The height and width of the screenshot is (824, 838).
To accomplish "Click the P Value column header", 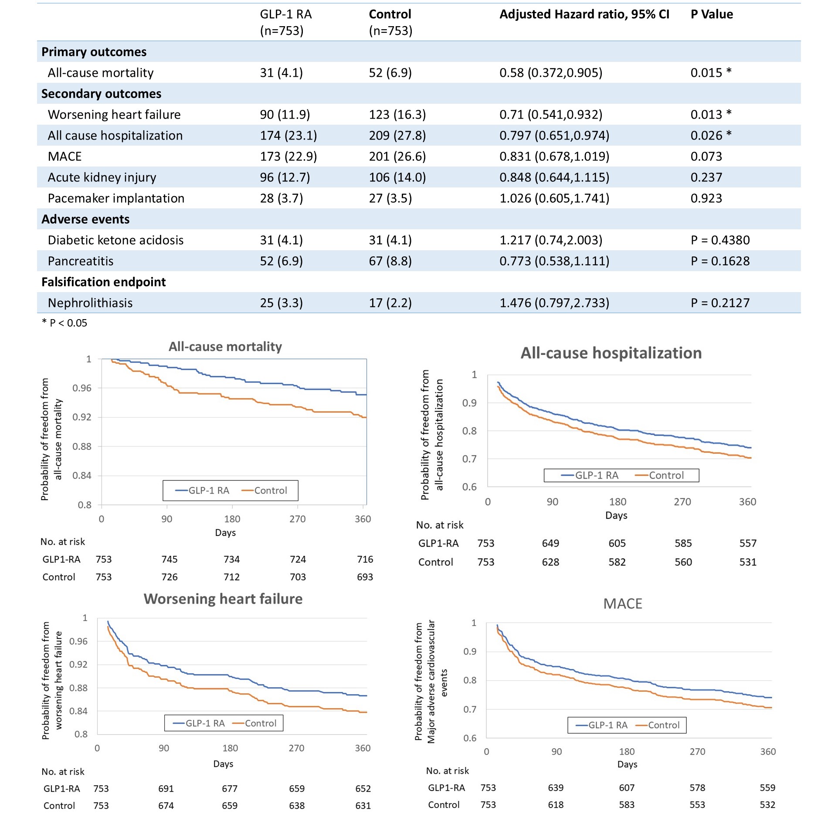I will click(712, 14).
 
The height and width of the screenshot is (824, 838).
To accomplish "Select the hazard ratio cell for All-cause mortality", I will click(550, 73).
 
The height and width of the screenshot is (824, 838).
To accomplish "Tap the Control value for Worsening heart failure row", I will click(397, 115).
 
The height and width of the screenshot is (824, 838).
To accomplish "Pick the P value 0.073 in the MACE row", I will click(706, 157).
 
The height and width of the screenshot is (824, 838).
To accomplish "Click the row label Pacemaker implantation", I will click(116, 198).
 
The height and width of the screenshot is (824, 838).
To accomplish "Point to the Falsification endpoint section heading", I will click(103, 282).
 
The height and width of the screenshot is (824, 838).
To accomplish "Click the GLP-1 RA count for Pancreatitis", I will click(281, 261).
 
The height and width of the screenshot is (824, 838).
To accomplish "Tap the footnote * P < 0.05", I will click(64, 323).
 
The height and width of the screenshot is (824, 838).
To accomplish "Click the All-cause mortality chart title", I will click(225, 347).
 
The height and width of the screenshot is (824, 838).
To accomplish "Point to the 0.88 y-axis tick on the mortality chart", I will click(82, 446).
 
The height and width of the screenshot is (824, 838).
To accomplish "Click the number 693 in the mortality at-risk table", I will click(365, 577).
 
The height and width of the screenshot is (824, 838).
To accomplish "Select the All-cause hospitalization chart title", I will click(611, 353).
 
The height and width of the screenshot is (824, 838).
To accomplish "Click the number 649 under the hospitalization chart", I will click(550, 543).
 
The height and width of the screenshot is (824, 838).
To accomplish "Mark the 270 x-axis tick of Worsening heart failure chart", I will click(296, 748).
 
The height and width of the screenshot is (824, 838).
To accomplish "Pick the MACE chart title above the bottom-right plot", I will click(623, 604).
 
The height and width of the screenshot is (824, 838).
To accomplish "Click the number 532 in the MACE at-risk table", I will click(767, 805).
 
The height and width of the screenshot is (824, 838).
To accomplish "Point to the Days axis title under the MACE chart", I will click(627, 764).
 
